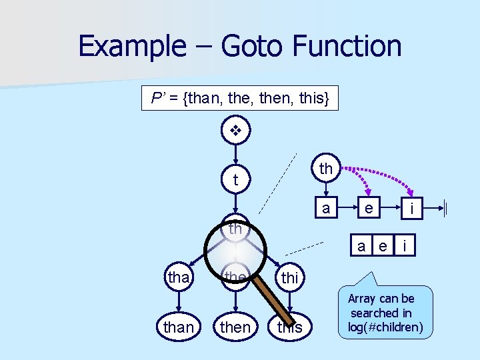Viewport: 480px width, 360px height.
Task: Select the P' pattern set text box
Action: point(239,99)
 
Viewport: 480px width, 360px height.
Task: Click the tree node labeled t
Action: point(235,180)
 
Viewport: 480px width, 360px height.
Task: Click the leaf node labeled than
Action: point(178,327)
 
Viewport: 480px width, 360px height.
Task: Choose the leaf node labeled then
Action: point(235,327)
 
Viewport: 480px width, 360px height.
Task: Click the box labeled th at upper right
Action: point(326,169)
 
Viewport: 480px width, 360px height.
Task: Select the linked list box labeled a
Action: point(326,208)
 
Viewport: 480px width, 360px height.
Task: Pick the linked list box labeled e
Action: point(368,208)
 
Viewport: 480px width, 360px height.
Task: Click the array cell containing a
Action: point(361,246)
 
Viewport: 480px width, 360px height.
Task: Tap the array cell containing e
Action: point(383,246)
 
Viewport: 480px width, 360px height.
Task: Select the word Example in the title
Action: point(130,47)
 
